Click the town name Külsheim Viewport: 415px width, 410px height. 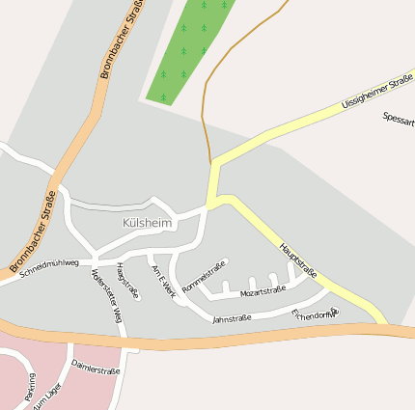pyautogui.click(x=147, y=223)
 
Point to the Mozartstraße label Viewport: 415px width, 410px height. pyautogui.click(x=263, y=290)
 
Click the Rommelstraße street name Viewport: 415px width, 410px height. pyautogui.click(x=204, y=272)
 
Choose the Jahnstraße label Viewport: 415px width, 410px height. pyautogui.click(x=232, y=317)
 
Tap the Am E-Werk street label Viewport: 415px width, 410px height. pyautogui.click(x=164, y=281)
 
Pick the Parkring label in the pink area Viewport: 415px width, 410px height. pyautogui.click(x=30, y=386)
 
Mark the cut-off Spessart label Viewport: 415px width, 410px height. pyautogui.click(x=398, y=119)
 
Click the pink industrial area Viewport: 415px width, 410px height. pyautogui.click(x=29, y=357)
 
